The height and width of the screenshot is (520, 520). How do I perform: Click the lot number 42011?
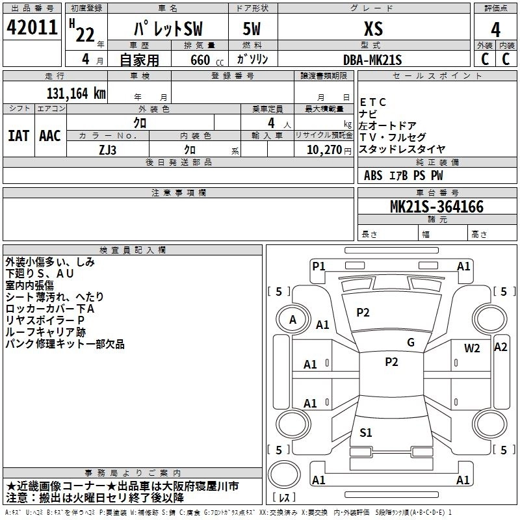point(32,28)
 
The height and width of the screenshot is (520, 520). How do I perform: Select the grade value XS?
point(372,29)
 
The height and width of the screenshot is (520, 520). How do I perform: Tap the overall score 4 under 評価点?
point(495,29)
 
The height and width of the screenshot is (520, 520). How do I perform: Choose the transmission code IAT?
point(18,135)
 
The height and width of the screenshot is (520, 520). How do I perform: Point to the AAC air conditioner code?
point(50,135)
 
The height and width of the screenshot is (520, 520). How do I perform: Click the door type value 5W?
point(252,29)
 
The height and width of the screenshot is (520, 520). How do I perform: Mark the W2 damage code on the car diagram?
point(472,348)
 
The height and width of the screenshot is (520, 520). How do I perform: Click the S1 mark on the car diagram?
point(365,432)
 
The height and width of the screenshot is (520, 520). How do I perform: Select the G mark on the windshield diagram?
point(410,343)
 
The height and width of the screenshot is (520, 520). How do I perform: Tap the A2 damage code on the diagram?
point(500,346)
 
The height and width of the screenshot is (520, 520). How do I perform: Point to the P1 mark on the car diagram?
point(318,265)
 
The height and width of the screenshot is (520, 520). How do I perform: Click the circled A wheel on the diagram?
point(292,319)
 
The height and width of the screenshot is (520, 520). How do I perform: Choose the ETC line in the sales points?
point(373,102)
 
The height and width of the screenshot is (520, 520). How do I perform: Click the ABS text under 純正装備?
point(374,175)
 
